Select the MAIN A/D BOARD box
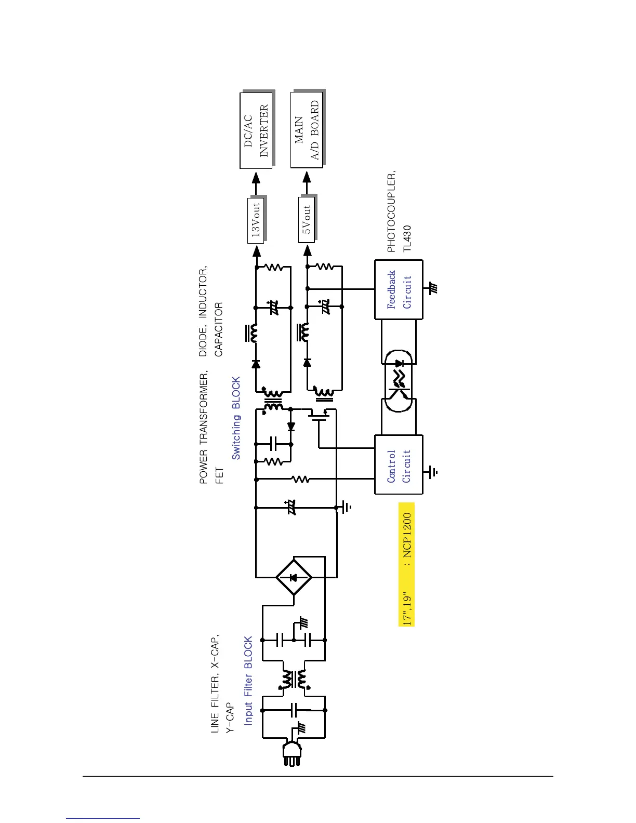tap(307, 130)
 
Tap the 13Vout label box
tap(256, 220)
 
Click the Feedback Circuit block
tap(399, 289)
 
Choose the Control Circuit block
tap(399, 464)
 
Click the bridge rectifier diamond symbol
tap(293, 577)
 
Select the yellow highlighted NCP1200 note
tap(406, 564)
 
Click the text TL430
tap(407, 238)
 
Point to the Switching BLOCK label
tap(236, 418)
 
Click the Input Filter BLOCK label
tap(248, 681)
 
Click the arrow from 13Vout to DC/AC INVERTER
tap(256, 182)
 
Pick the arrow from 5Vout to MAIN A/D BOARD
tap(307, 182)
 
